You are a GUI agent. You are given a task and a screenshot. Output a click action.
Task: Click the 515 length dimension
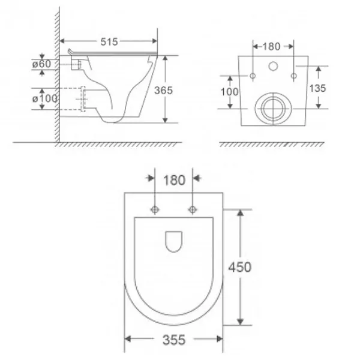pos(109,42)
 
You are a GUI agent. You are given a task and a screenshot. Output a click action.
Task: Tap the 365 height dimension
pos(163,91)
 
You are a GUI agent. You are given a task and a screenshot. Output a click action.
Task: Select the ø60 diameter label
pos(41,64)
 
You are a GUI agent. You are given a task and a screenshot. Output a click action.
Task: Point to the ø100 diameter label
pos(45,99)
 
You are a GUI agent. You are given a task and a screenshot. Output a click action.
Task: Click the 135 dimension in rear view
pos(317,88)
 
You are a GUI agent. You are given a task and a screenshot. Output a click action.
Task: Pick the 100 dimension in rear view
pos(229,92)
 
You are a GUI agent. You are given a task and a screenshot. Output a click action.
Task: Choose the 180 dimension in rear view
pos(271,47)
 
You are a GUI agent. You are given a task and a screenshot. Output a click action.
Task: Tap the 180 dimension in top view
pos(174,180)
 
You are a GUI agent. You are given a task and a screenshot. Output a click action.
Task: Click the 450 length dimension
pos(239,267)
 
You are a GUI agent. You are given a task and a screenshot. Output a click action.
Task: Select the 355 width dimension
pos(174,340)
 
